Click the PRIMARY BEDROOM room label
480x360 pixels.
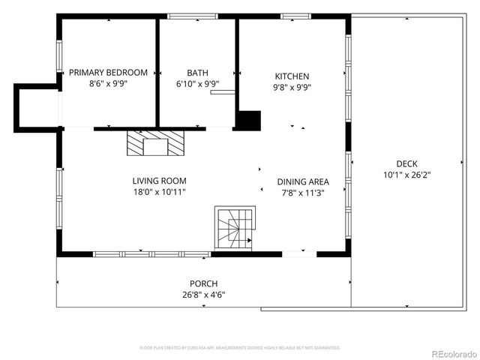[x=108, y=72]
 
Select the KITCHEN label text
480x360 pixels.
[x=292, y=76]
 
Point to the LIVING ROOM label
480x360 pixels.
[x=159, y=181]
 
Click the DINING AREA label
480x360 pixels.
[x=303, y=181]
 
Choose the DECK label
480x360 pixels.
[x=407, y=164]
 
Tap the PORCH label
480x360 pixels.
[x=203, y=283]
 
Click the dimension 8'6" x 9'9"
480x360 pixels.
[x=108, y=85]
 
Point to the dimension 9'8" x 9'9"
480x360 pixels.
[x=292, y=87]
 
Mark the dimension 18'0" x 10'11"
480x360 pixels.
[x=159, y=192]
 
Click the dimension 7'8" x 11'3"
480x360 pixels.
[x=303, y=193]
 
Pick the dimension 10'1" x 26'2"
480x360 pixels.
[x=407, y=175]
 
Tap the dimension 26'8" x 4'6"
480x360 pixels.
[x=203, y=295]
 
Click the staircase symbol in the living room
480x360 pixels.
[x=235, y=228]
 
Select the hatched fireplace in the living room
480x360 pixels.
[x=154, y=142]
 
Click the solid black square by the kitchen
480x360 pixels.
[x=249, y=121]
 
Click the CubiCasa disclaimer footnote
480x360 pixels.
[x=240, y=348]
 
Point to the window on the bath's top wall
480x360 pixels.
[x=193, y=16]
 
